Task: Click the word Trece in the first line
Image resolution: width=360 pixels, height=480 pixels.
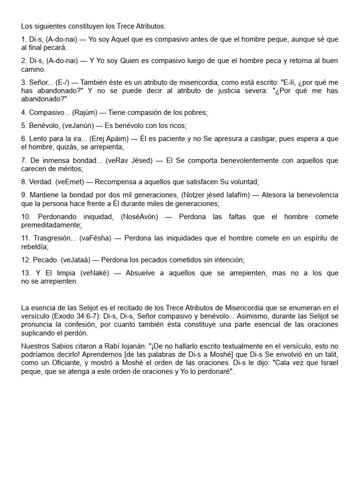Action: [114, 26]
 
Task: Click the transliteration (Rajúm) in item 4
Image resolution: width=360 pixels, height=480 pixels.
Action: [88, 112]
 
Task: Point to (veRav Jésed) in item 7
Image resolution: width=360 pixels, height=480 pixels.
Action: [129, 161]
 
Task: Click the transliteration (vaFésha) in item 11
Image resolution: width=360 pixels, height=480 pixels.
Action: [96, 239]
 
